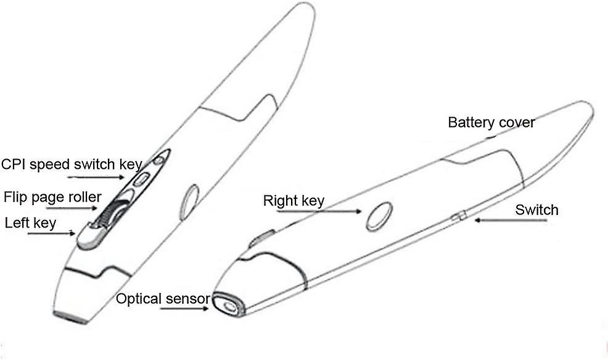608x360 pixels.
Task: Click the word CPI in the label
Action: coord(13,164)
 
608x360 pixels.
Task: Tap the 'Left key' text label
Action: coord(30,223)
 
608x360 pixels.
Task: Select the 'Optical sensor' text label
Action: coord(162,300)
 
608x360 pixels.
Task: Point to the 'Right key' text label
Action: coord(294,200)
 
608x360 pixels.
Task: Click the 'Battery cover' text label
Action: coord(491,122)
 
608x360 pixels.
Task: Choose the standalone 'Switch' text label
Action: coord(536,210)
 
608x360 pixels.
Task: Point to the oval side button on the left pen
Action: coord(190,198)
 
